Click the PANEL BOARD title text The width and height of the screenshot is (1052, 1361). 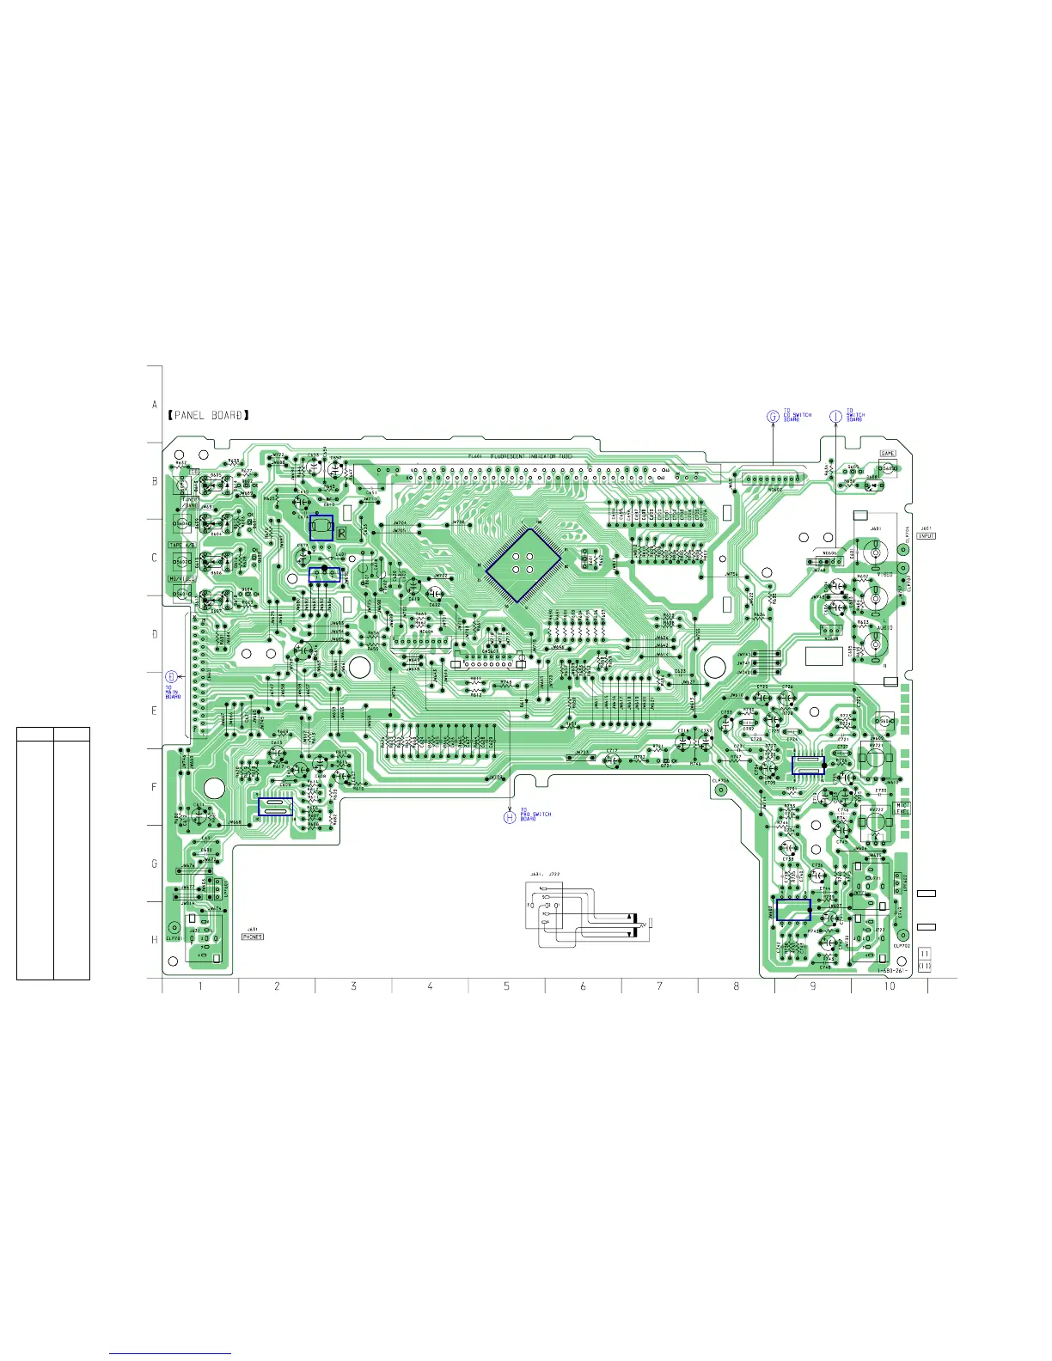click(x=209, y=416)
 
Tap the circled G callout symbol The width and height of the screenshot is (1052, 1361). click(x=773, y=417)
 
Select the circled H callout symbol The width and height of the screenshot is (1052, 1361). click(x=509, y=816)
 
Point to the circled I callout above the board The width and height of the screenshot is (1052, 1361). click(x=835, y=416)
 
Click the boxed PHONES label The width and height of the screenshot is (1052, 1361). click(x=253, y=937)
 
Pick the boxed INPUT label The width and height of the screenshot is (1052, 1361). click(x=927, y=536)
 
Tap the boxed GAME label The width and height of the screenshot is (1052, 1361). click(x=888, y=454)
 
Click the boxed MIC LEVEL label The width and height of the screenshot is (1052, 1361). click(x=902, y=809)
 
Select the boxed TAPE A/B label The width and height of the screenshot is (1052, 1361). click(x=181, y=546)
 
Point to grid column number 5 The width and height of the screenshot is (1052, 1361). click(x=506, y=986)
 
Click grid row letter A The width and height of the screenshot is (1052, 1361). click(x=155, y=405)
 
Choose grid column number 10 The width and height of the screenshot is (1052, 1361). click(x=890, y=986)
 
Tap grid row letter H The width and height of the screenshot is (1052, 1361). click(x=155, y=940)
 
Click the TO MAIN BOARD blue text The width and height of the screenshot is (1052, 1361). click(x=173, y=692)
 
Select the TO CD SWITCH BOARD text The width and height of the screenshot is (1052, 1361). click(x=797, y=416)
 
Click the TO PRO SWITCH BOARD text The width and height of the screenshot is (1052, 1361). click(x=535, y=815)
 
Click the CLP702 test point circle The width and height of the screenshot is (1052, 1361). click(x=902, y=935)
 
